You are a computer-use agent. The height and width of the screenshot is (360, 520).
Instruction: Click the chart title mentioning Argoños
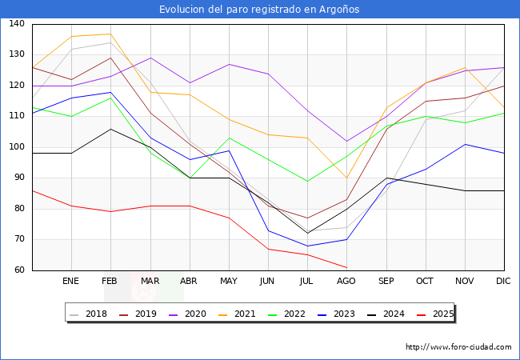tap(259, 10)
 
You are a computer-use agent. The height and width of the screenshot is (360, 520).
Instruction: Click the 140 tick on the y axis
tap(17, 24)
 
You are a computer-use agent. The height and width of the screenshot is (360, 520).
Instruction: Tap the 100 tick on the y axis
tap(17, 147)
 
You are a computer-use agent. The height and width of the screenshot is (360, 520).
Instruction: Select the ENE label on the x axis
tap(71, 281)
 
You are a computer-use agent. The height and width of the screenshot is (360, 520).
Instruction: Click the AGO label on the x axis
tap(346, 281)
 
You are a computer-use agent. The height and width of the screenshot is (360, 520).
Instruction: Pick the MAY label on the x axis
tap(229, 281)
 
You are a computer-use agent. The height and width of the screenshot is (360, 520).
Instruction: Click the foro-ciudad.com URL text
tap(458, 347)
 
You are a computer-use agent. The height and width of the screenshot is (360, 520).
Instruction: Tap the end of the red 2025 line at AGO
tap(346, 267)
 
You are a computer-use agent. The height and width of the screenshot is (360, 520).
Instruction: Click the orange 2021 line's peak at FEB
tap(110, 34)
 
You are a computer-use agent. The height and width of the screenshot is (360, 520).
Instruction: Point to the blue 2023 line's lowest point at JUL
tap(307, 246)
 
